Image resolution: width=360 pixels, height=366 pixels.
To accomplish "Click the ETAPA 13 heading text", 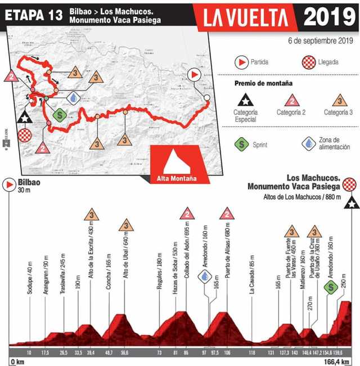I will point(33,15).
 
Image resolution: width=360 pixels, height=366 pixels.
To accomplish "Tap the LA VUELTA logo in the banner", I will point(250,17).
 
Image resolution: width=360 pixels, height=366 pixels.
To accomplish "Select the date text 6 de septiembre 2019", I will point(320,40).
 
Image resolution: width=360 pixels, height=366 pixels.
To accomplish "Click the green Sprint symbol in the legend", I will point(243,144).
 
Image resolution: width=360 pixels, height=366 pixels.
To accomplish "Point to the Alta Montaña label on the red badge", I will point(176,179).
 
